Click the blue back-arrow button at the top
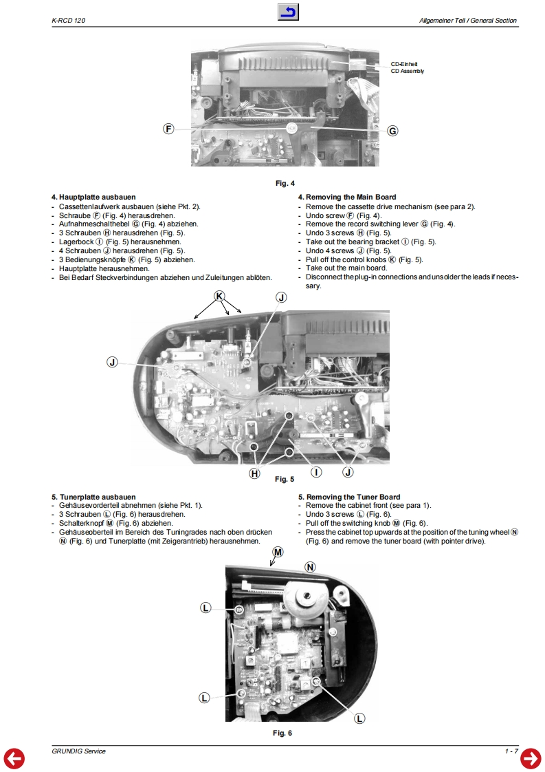289,12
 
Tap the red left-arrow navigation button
14,758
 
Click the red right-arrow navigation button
531,758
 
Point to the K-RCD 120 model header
68,21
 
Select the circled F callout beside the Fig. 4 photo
168,129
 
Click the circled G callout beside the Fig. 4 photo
392,131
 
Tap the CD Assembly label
407,71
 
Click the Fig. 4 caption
285,183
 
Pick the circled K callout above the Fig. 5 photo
219,295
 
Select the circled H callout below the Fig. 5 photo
255,473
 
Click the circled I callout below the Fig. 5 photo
316,472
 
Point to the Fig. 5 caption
285,479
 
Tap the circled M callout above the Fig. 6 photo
278,553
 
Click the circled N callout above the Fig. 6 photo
310,567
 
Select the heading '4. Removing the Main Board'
346,197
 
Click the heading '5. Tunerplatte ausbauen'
93,497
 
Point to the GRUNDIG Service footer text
78,751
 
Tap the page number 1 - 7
511,751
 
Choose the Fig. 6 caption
282,733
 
